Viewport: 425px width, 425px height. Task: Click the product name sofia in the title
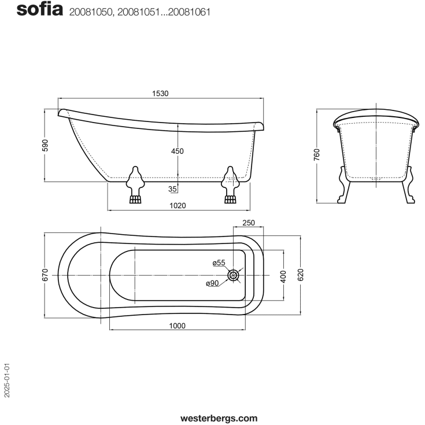pyautogui.click(x=40, y=10)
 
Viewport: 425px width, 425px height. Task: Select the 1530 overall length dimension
pyautogui.click(x=160, y=94)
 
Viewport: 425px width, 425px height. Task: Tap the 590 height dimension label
pyautogui.click(x=45, y=145)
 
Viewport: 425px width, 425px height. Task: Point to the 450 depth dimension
pyautogui.click(x=178, y=151)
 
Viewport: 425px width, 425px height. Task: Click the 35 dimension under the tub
pyautogui.click(x=172, y=189)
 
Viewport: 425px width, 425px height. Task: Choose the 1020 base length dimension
pyautogui.click(x=178, y=205)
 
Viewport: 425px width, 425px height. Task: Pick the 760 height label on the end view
pyautogui.click(x=317, y=155)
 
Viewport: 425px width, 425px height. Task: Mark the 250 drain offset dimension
pyautogui.click(x=248, y=223)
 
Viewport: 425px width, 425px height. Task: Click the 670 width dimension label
pyautogui.click(x=45, y=275)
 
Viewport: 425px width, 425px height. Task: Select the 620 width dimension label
pyautogui.click(x=300, y=275)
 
